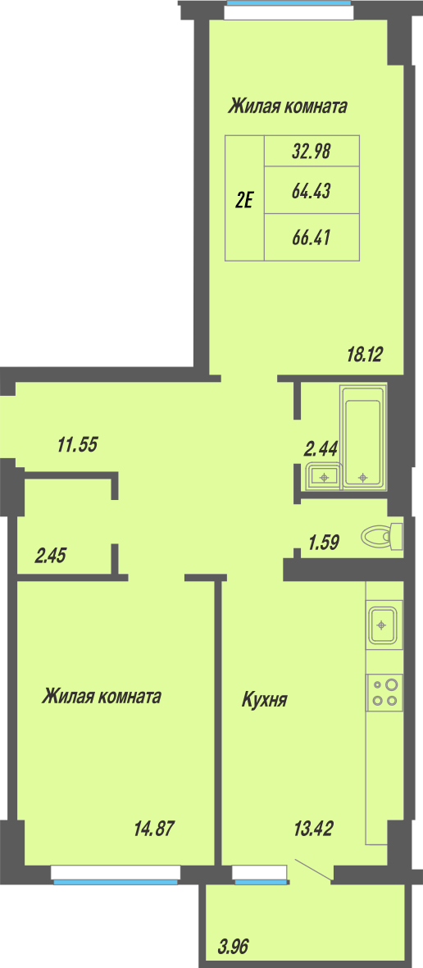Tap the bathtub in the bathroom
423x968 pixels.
[362, 437]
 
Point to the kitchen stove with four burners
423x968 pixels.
[384, 692]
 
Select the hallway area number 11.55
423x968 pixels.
[77, 444]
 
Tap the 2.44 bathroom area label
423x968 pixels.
[321, 449]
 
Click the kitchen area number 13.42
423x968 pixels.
[312, 829]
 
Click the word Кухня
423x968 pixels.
[264, 700]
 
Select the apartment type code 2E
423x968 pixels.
[245, 199]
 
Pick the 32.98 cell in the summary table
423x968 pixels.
[312, 152]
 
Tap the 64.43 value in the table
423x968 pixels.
[312, 191]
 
